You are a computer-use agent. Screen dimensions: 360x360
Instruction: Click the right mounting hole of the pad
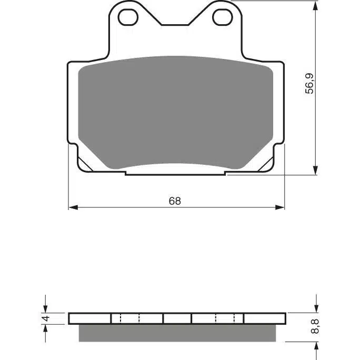click(x=223, y=17)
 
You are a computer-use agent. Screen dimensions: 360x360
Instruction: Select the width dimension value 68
click(x=175, y=201)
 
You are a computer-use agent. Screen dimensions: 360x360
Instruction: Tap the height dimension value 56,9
click(x=311, y=84)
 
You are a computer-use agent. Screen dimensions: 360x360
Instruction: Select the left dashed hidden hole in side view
click(x=131, y=318)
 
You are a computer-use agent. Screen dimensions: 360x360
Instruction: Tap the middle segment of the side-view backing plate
click(x=177, y=318)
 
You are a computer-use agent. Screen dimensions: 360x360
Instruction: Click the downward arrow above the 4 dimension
click(x=46, y=308)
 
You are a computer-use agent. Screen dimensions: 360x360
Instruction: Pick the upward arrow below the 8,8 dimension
click(x=315, y=347)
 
